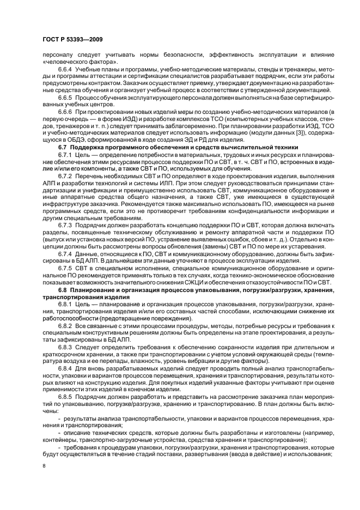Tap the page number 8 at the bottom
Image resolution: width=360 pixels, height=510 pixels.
tap(44, 466)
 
